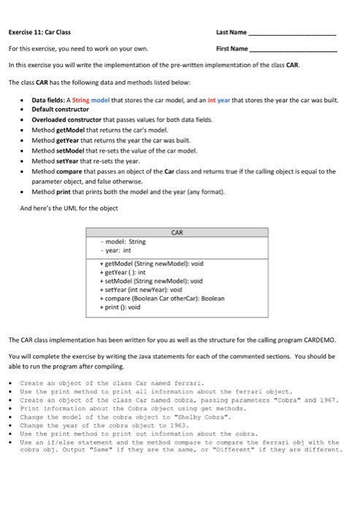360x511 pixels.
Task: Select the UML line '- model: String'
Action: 125,241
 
